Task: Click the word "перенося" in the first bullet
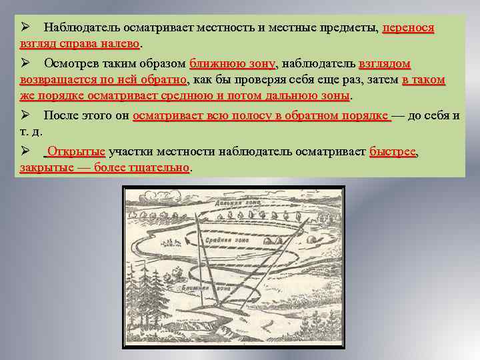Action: coord(408,28)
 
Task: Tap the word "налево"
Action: coord(119,43)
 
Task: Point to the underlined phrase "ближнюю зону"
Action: coord(232,64)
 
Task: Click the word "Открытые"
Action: coord(77,152)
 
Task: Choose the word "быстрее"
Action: coord(392,152)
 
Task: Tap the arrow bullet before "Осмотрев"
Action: coord(24,64)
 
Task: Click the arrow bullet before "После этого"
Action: coord(24,115)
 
